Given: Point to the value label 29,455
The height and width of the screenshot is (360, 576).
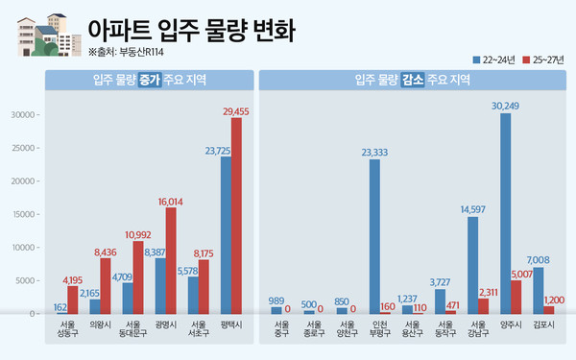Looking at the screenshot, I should pos(236,111).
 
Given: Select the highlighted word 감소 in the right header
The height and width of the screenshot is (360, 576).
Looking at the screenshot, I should pos(414,80).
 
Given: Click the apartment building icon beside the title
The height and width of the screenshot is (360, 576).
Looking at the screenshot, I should pos(45,35).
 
